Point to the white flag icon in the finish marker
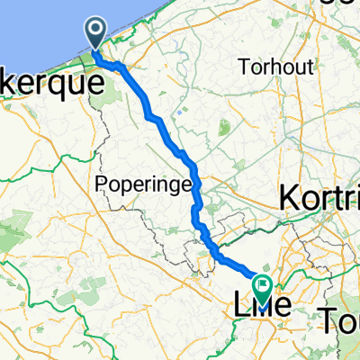point(263,286)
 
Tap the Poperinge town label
point(145,184)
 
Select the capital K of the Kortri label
point(290,197)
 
